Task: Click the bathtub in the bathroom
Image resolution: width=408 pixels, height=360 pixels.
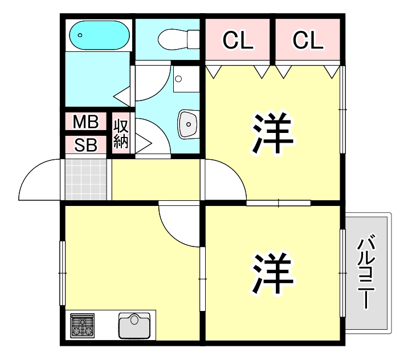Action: [x=97, y=36]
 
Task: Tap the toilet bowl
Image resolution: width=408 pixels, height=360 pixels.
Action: [x=177, y=39]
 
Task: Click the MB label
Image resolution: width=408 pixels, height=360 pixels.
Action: [x=86, y=122]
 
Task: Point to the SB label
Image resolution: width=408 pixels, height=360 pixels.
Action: [x=86, y=145]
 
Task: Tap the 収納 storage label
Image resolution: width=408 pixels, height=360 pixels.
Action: [x=121, y=134]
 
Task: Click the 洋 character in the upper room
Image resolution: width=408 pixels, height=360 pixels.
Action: [x=273, y=134]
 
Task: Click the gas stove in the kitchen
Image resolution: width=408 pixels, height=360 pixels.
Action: [x=82, y=326]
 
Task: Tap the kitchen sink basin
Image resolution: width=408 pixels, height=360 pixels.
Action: [x=135, y=326]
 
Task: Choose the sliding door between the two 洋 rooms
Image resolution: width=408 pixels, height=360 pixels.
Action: [x=279, y=202]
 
